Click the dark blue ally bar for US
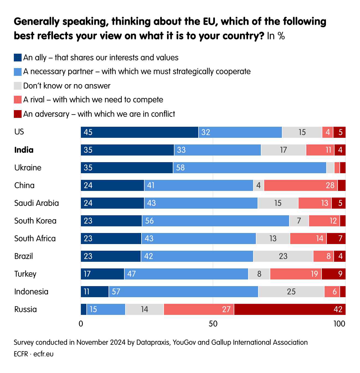(140, 132)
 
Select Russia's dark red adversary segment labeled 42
(290, 309)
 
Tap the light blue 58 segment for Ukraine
(250, 168)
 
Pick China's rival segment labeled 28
(301, 185)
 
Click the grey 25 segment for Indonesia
(291, 292)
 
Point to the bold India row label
(24, 150)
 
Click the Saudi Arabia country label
(37, 203)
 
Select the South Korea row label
(35, 221)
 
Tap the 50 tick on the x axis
(213, 323)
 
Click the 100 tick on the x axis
(339, 323)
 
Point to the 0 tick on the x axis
(81, 323)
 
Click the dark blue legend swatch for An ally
(18, 58)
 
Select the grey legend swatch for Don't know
(18, 86)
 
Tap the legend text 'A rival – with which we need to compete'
(93, 100)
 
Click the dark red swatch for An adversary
(18, 114)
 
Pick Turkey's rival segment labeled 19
(295, 274)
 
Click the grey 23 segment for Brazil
(283, 256)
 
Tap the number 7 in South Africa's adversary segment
(340, 239)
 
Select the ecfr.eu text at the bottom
(43, 354)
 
